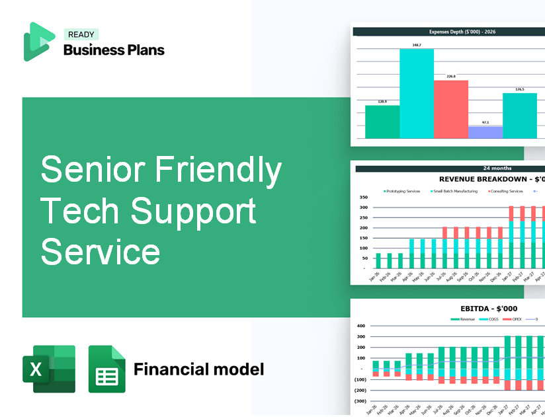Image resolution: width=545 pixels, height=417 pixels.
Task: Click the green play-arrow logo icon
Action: pos(38,42)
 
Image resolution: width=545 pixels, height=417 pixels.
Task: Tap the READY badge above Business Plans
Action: pos(81,34)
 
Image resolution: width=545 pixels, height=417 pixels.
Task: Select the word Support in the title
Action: pos(193,211)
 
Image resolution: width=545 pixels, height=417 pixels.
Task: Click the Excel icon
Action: pos(49,369)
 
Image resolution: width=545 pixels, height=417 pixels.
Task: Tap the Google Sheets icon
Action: pos(107,369)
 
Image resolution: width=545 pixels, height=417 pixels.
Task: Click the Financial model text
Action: pos(198,369)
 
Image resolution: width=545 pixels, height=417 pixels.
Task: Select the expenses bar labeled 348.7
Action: pos(417,93)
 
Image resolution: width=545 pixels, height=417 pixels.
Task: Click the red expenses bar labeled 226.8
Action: pos(450,109)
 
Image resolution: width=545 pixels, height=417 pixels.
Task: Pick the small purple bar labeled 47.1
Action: pos(485,132)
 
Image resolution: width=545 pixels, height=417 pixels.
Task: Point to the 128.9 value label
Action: pos(382,102)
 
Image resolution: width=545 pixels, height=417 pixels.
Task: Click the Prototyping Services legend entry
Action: pos(401,191)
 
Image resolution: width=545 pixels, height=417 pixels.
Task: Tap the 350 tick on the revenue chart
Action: pos(363,197)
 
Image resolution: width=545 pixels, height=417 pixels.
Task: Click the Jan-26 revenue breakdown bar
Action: pos(378,260)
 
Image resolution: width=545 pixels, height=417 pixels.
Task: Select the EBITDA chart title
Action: pos(489,309)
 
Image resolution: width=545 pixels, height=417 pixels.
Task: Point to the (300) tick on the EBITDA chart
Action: pos(360,400)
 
